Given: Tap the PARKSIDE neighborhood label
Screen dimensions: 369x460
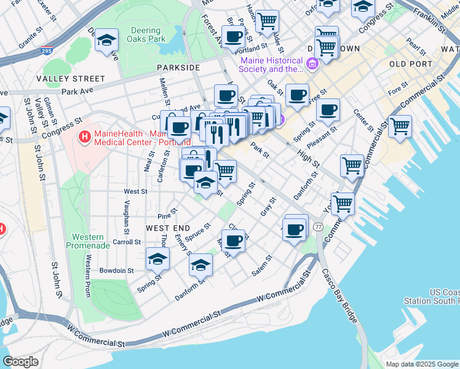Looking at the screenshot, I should click(178, 67).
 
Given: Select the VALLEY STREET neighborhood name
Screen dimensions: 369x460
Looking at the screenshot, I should click(71, 79).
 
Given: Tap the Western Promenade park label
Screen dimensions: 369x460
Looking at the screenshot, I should click(88, 241).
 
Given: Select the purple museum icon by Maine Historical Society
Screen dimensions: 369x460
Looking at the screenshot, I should click(312, 63).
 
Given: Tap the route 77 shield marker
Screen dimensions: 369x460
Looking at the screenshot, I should click(318, 227).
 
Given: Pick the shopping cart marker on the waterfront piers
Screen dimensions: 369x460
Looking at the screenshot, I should click(400, 126).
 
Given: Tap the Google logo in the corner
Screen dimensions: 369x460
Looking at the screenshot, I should click(21, 362).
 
